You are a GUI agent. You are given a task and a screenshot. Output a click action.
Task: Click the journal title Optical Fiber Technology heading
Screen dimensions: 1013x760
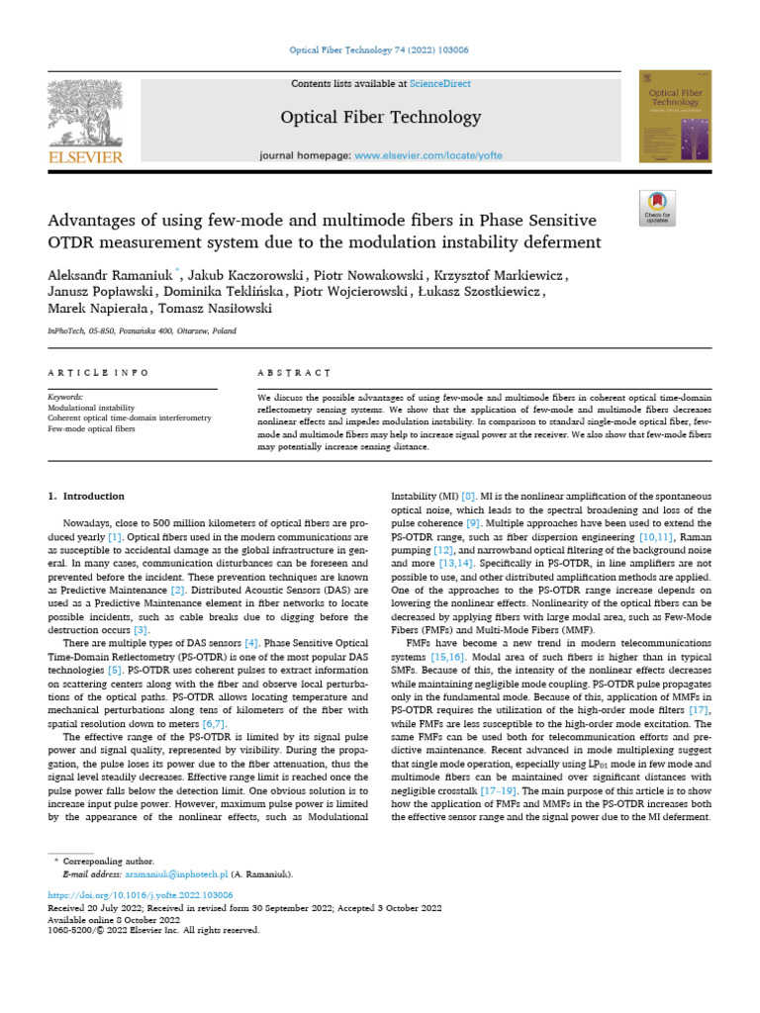point(381,118)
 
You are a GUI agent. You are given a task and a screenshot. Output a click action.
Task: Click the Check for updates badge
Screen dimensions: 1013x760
point(657,208)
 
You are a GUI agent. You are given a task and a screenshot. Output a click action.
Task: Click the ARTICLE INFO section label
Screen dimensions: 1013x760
point(99,373)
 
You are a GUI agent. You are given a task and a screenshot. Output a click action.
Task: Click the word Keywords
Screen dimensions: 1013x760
point(65,396)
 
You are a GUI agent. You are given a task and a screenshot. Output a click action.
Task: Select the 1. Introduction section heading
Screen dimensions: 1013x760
point(86,496)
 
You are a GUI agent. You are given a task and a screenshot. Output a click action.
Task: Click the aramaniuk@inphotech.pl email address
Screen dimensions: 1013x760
point(175,875)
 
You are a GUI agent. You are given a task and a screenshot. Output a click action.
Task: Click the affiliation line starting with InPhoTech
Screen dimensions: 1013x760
point(142,331)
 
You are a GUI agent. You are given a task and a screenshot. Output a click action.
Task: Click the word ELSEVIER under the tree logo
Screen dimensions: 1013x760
point(86,156)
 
